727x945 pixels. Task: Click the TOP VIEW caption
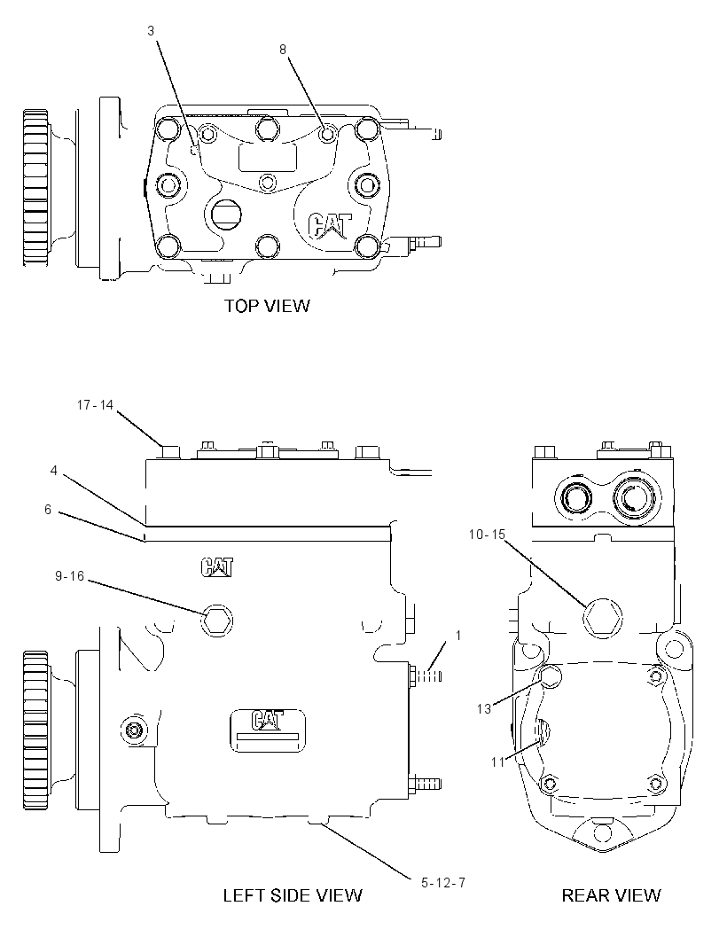click(x=267, y=306)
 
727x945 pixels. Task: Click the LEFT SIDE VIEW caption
click(x=293, y=895)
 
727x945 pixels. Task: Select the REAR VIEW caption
click(x=611, y=895)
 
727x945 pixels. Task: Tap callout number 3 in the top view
click(x=151, y=31)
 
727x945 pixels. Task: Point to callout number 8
click(x=283, y=50)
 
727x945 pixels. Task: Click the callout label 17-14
click(x=95, y=405)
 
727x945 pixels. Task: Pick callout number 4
click(x=54, y=470)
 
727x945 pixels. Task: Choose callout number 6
click(x=48, y=510)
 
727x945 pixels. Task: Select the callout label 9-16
click(x=70, y=577)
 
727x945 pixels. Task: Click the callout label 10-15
click(x=487, y=535)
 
